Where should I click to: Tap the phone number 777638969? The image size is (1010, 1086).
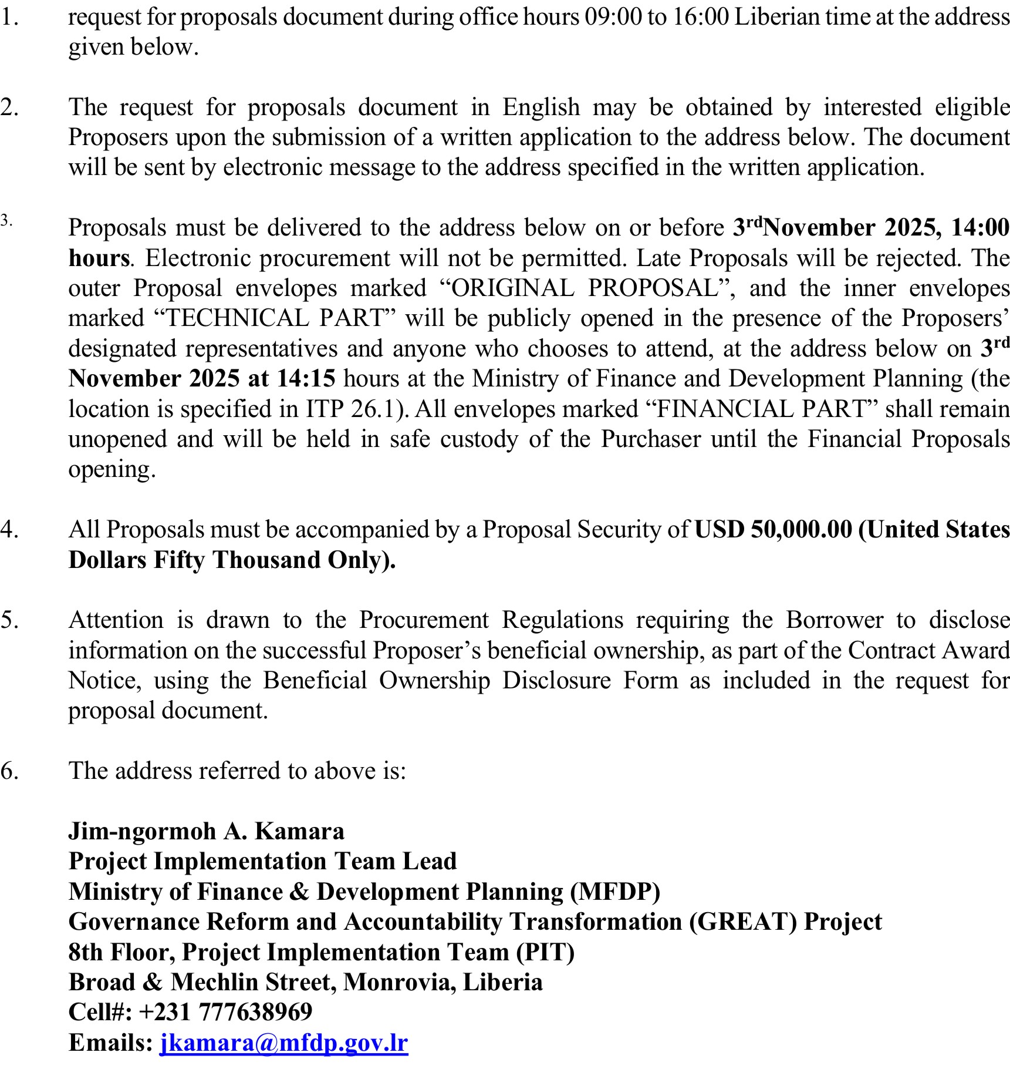(255, 1011)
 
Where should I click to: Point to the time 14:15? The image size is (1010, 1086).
(306, 379)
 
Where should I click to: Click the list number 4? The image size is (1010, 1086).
(9, 529)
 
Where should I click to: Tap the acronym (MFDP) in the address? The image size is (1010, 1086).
(616, 892)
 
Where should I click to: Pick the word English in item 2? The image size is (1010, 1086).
(541, 107)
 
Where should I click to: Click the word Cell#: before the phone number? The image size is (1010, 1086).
(100, 1011)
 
